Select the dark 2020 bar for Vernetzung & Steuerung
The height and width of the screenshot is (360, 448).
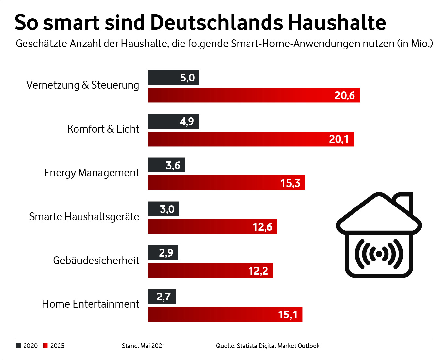(x=174, y=78)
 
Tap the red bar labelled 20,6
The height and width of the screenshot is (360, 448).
(x=254, y=95)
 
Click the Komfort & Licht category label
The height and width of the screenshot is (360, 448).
(x=103, y=129)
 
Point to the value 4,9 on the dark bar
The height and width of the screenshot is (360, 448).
(x=187, y=121)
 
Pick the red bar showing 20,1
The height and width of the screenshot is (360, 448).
(x=251, y=139)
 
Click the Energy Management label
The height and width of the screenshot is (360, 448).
(x=92, y=173)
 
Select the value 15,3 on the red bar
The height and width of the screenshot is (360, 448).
(x=290, y=183)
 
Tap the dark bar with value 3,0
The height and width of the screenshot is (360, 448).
(x=164, y=209)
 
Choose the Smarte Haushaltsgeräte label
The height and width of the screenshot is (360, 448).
(x=84, y=217)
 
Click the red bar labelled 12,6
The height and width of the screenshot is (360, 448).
(x=213, y=227)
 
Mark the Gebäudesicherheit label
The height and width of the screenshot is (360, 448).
(x=96, y=261)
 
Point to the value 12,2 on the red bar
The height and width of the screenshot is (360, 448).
(x=258, y=271)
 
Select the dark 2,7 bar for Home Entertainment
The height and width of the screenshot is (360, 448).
(x=162, y=297)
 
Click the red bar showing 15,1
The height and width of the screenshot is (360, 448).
(x=225, y=315)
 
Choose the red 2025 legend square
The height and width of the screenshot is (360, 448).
(x=45, y=346)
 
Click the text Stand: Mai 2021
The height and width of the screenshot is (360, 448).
(x=144, y=346)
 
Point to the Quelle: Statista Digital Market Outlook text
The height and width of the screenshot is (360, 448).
(x=267, y=346)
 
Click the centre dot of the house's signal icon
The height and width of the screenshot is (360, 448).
(x=379, y=254)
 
